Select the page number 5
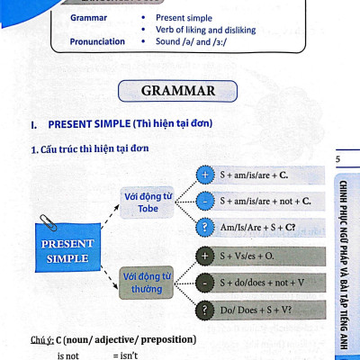[338, 160]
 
